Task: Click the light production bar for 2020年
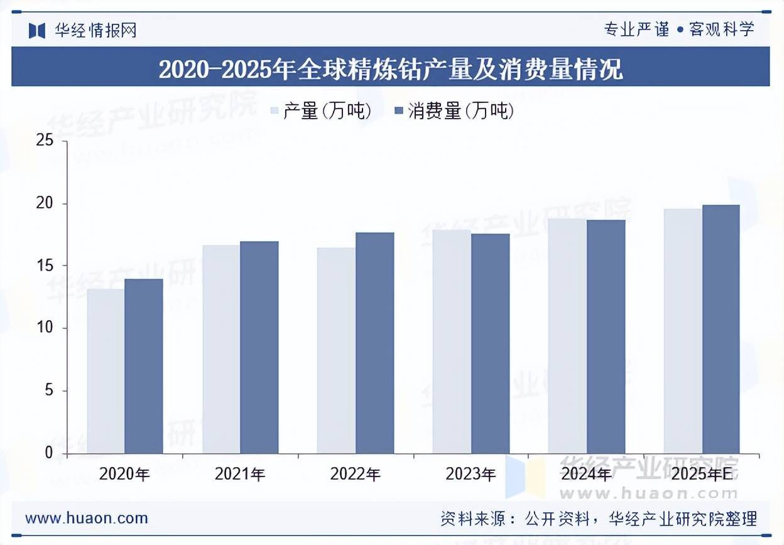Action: [x=106, y=370]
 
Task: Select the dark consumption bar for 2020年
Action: [x=144, y=365]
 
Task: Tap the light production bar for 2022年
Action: [x=336, y=350]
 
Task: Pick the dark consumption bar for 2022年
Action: [x=375, y=342]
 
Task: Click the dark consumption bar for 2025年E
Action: [x=721, y=328]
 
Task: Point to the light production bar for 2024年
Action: [x=567, y=335]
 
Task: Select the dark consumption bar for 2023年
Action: [x=491, y=343]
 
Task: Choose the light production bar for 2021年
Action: [x=221, y=348]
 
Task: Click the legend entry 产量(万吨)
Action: [x=320, y=112]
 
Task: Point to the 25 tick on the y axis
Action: [x=45, y=141]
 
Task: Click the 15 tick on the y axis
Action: [x=45, y=266]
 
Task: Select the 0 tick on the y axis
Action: [x=49, y=453]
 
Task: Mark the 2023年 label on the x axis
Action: [x=471, y=475]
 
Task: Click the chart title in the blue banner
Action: [x=391, y=68]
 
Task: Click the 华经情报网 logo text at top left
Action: [x=94, y=30]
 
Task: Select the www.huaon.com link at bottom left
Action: [x=87, y=519]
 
